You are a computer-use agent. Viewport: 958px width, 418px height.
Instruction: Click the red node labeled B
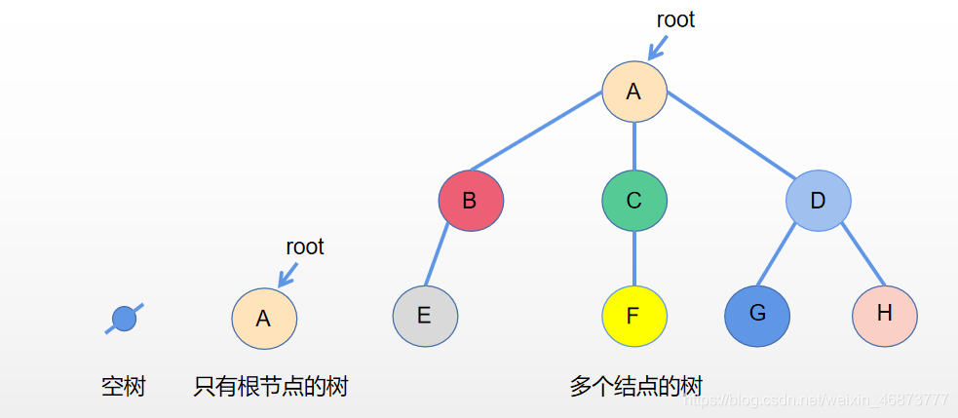471,201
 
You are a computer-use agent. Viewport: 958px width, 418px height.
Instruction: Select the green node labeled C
633,201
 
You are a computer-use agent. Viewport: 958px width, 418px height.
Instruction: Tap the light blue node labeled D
818,201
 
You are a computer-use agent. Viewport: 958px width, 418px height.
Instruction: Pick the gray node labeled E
425,316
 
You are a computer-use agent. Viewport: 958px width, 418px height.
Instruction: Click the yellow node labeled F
633,316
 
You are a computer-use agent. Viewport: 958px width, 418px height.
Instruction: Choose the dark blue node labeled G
757,316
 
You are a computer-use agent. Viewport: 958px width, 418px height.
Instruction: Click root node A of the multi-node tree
633,92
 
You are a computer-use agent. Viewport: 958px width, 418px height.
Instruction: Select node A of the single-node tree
263,319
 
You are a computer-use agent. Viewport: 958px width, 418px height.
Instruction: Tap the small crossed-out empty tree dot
124,319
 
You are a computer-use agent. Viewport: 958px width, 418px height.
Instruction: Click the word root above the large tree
675,19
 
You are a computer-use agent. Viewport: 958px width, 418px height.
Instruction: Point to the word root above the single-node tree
304,247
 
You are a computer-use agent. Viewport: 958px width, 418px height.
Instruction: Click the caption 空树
123,387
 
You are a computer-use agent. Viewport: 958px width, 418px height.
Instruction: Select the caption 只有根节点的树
270,387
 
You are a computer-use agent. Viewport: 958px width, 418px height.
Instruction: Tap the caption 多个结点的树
635,386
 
